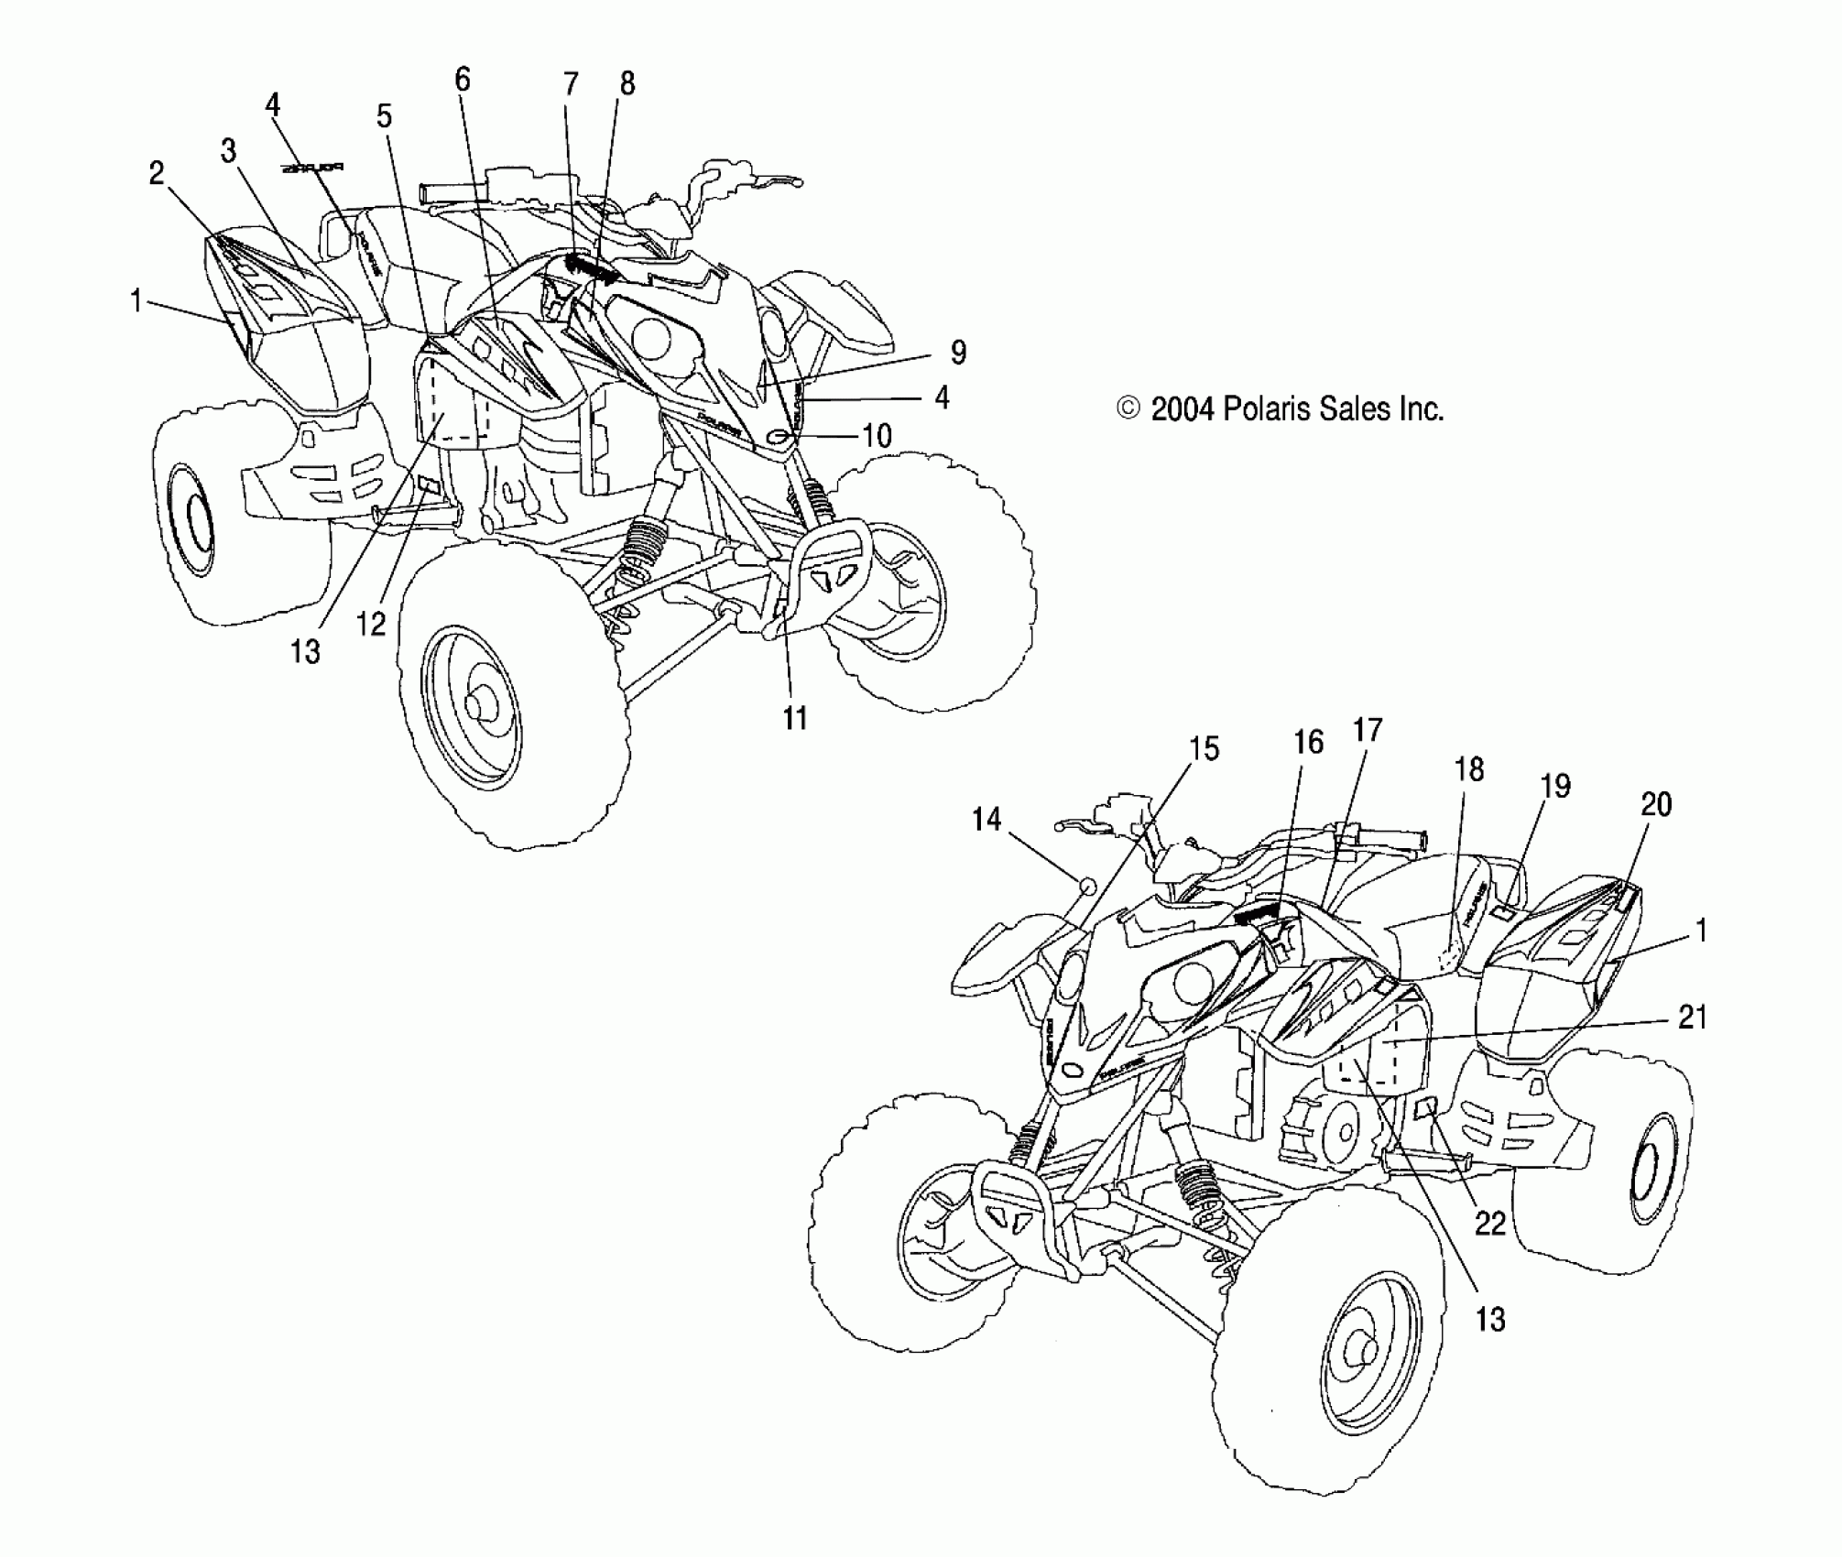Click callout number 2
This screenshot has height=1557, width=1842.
(157, 172)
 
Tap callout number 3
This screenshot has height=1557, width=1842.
(228, 150)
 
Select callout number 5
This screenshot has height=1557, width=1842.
(384, 116)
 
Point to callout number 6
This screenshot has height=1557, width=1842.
(463, 80)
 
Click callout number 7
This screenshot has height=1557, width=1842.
(571, 84)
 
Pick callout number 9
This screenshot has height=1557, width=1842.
(957, 352)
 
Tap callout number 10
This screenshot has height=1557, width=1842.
(877, 435)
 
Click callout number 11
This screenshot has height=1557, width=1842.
(795, 718)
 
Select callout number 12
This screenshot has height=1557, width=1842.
(371, 624)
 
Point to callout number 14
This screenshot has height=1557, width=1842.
(986, 818)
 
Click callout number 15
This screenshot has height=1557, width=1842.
(1204, 748)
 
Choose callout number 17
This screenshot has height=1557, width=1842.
(1367, 730)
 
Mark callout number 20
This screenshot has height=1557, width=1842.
(1656, 804)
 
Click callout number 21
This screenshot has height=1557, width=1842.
(1692, 1017)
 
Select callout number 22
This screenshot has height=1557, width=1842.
(1490, 1223)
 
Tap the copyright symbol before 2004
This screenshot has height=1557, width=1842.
(1128, 408)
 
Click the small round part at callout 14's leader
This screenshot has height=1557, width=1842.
(1089, 886)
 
